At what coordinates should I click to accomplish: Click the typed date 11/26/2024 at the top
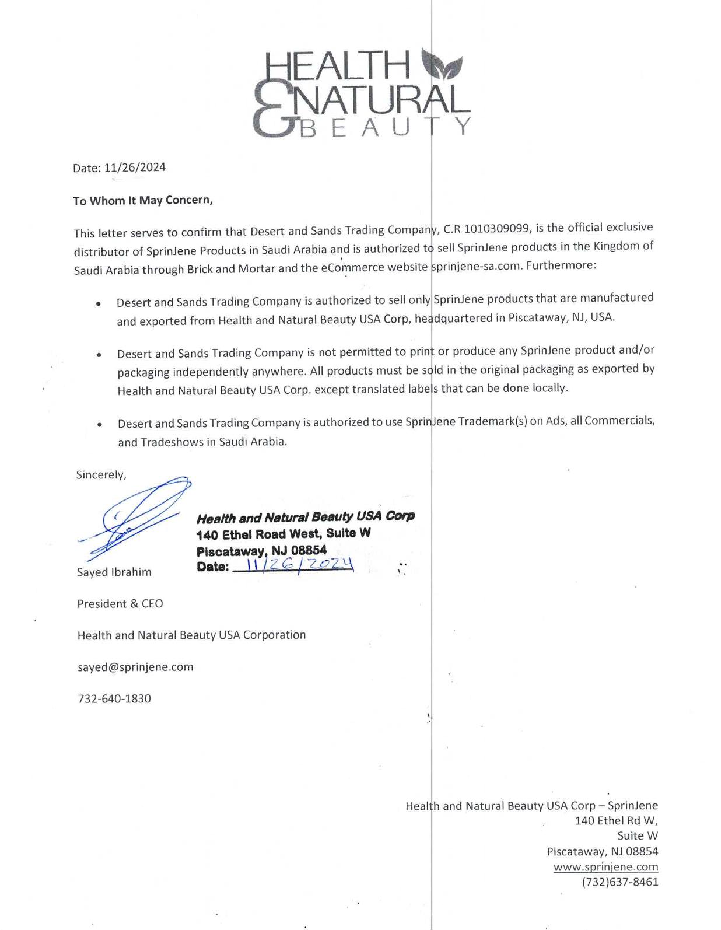click(x=135, y=167)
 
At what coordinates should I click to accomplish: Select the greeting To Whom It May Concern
click(x=142, y=200)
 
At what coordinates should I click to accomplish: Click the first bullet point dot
click(x=99, y=304)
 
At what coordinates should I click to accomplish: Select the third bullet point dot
click(x=100, y=425)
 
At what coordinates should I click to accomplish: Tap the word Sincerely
click(x=101, y=475)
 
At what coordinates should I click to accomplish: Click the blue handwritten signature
click(x=136, y=514)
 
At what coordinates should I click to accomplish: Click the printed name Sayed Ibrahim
click(x=114, y=572)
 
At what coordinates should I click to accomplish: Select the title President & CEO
click(x=120, y=604)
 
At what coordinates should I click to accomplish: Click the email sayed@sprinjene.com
click(x=135, y=667)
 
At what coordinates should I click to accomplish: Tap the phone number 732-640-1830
click(x=114, y=698)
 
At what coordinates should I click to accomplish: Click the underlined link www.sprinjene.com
click(x=605, y=867)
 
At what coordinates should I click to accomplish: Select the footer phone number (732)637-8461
click(x=619, y=882)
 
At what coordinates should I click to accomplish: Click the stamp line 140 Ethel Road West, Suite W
click(x=283, y=534)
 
